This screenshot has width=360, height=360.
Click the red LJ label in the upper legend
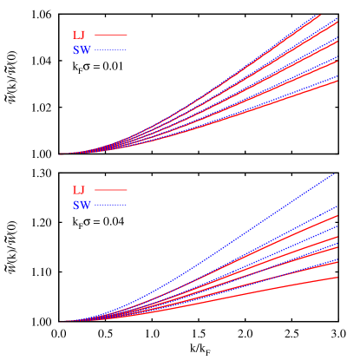coord(79,36)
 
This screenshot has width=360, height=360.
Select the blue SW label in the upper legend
coord(82,51)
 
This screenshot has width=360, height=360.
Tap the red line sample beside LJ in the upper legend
coord(111,36)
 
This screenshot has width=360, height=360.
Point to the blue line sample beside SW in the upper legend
coord(111,51)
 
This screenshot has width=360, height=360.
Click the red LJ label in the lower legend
coord(79,190)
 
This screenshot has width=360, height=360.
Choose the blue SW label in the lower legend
coord(82,206)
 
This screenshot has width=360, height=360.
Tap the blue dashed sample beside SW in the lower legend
coord(111,206)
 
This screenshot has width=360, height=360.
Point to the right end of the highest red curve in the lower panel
coord(337,216)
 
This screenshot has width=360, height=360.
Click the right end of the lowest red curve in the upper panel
coord(337,81)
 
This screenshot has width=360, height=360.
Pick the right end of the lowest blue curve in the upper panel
coord(337,76)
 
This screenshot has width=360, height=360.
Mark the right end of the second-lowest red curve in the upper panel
coord(337,62)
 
